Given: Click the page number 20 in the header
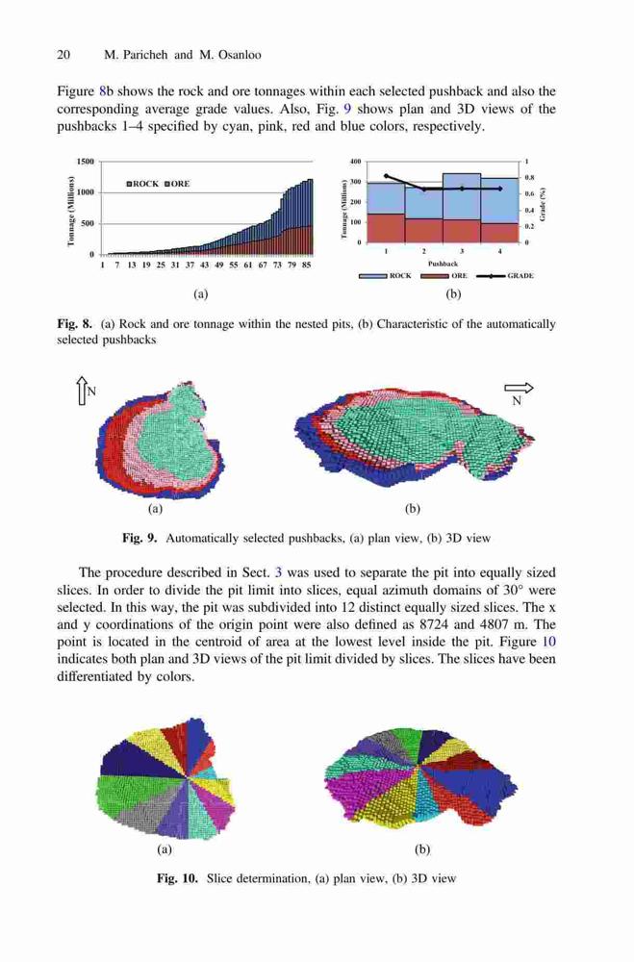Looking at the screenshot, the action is click(63, 55).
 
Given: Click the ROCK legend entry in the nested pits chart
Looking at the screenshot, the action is click(142, 184).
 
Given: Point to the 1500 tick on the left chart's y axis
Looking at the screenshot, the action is click(86, 162).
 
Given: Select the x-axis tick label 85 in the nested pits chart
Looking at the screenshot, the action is click(306, 266).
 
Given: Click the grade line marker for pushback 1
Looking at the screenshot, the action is click(386, 175).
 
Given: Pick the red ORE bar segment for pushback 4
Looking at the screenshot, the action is click(499, 233).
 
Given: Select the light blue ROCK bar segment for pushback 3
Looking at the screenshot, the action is click(462, 196).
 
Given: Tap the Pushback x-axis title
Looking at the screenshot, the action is click(443, 264).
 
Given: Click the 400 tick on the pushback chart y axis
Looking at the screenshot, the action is click(355, 162).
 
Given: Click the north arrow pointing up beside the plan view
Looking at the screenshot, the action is click(81, 392).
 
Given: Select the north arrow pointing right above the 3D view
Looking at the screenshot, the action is click(519, 388).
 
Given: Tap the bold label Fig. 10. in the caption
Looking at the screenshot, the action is click(177, 878).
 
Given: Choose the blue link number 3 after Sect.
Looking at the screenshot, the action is click(278, 573).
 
